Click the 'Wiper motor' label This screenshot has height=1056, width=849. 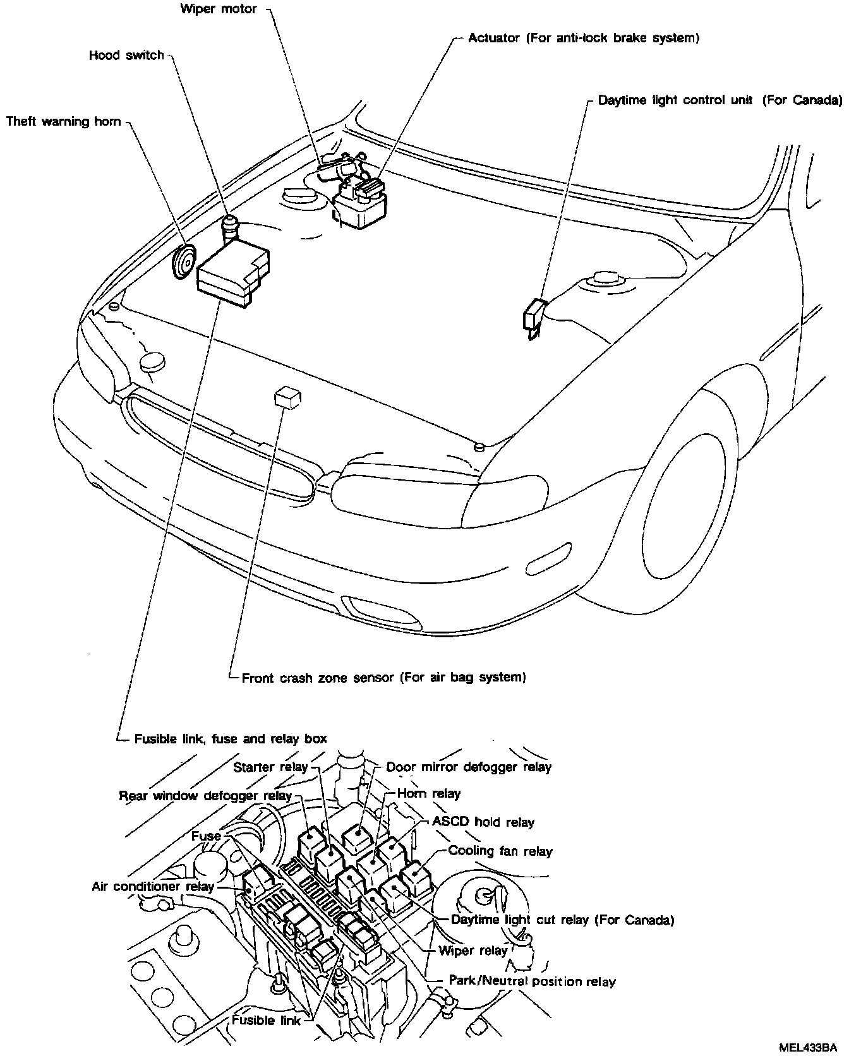coord(219,9)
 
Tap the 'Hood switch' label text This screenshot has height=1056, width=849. coord(126,56)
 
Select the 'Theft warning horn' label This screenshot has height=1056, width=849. coord(63,121)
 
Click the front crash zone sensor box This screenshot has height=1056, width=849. coord(287,399)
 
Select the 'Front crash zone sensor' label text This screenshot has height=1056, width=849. coord(384,678)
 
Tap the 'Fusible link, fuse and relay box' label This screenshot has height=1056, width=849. coord(231,738)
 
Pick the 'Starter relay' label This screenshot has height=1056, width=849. coord(270,767)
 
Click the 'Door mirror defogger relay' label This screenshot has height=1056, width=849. coord(469,767)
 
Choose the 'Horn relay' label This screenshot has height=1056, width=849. coord(429,793)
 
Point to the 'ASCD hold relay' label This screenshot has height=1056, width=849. coord(483,822)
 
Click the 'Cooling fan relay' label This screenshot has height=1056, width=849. coord(500,851)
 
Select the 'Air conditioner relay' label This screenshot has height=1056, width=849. coord(153,887)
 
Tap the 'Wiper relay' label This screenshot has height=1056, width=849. coord(473,951)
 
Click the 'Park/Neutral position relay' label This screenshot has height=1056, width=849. coord(531,981)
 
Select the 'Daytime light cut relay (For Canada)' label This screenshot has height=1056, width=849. coord(562,920)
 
